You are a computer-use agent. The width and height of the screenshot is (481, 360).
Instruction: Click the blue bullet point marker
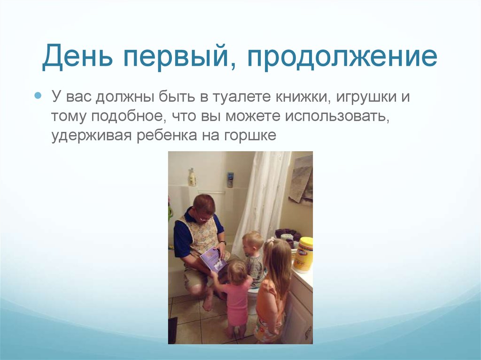pyautogui.click(x=39, y=96)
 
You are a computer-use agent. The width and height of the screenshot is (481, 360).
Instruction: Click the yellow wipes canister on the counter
pyautogui.click(x=303, y=254)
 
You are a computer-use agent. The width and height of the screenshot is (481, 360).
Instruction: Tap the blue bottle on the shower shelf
pyautogui.click(x=230, y=179)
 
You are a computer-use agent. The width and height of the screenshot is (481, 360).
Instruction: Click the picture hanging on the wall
pyautogui.click(x=301, y=178)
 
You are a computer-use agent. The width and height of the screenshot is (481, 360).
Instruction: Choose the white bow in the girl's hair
pyautogui.click(x=271, y=240)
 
